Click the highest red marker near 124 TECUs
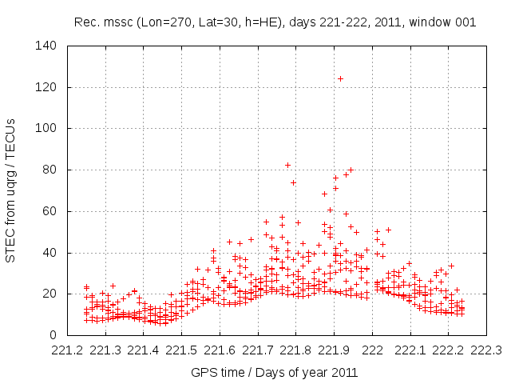(340, 78)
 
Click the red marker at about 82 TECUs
(288, 165)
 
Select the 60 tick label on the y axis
(53, 211)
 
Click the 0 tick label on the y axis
(57, 335)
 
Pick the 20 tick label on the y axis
(53, 294)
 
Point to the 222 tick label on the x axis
(373, 350)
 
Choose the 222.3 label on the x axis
(487, 350)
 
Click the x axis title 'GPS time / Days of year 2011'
(275, 372)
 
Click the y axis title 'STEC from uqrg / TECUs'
(12, 190)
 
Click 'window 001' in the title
(445, 22)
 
